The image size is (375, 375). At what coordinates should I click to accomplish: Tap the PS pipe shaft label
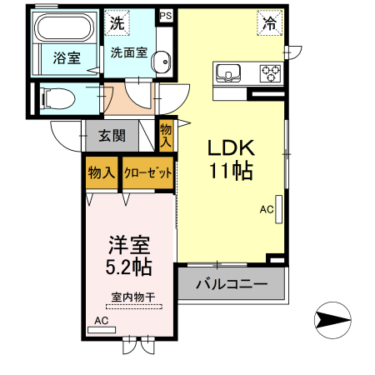(x=165, y=15)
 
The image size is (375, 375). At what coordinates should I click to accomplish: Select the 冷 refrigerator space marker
(x=268, y=24)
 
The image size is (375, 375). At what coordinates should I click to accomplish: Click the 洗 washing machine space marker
(x=117, y=22)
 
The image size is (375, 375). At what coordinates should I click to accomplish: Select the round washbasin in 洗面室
(x=162, y=62)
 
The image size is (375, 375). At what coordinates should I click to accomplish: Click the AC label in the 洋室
(x=101, y=320)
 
